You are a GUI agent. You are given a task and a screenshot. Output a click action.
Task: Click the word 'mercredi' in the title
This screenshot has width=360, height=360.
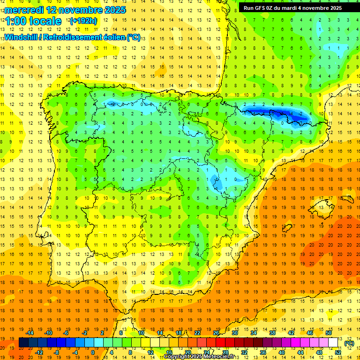(x=24, y=9)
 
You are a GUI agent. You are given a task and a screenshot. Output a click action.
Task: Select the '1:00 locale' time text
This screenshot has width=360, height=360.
(x=33, y=21)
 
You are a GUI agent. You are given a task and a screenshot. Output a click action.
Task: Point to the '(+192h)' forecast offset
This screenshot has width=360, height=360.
(x=83, y=21)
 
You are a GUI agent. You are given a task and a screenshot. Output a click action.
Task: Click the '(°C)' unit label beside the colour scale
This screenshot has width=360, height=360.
(x=349, y=343)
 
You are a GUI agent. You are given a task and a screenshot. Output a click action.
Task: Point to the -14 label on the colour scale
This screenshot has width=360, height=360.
(x=30, y=333)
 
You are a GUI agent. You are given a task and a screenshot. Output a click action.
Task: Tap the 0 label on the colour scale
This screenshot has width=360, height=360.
(x=93, y=352)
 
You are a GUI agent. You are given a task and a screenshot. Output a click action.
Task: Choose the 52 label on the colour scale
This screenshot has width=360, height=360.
(x=337, y=352)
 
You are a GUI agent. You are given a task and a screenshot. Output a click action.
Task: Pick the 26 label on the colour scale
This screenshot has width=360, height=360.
(x=216, y=333)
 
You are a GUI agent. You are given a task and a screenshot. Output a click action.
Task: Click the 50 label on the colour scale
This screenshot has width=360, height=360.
(x=328, y=333)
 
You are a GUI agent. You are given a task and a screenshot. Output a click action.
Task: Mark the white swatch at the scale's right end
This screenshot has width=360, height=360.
(x=333, y=343)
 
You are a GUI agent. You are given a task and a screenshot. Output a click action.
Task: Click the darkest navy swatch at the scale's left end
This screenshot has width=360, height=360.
(x=23, y=343)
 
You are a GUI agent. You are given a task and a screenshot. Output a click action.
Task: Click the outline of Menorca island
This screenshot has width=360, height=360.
(x=348, y=193)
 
